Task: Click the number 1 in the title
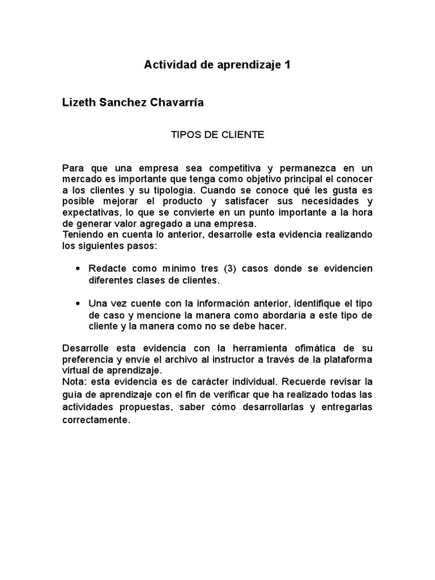[287, 65]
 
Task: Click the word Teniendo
[82, 234]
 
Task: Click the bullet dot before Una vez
[78, 303]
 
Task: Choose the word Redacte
[106, 268]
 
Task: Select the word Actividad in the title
[168, 65]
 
